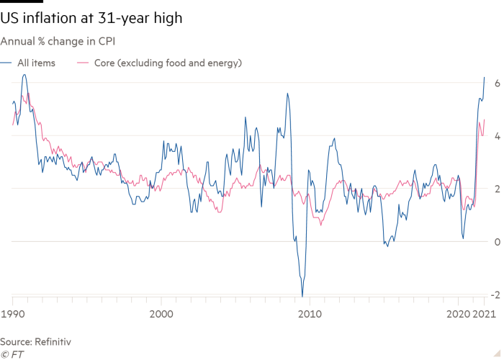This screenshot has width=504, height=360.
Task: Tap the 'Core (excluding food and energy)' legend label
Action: click(168, 63)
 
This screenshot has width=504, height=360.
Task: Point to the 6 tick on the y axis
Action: click(497, 84)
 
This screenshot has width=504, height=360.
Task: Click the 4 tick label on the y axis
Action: click(497, 136)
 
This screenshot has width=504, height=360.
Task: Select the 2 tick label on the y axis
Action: click(497, 189)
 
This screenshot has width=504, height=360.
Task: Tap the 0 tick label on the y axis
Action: click(497, 242)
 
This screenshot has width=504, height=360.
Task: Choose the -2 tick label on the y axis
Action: click(495, 294)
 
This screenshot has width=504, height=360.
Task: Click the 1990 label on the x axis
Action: click(13, 315)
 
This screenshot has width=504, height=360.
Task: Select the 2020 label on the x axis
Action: click(458, 315)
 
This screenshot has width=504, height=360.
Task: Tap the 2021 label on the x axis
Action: click(483, 315)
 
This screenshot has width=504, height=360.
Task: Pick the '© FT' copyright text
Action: click(12, 354)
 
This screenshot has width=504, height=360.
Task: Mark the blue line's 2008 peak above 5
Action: click(287, 93)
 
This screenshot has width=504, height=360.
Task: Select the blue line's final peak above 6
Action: click(485, 76)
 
